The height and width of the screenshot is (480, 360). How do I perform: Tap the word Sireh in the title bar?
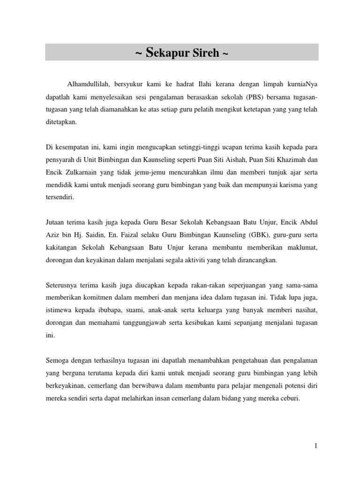(x=204, y=52)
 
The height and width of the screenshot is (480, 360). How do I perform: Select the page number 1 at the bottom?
(x=316, y=446)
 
